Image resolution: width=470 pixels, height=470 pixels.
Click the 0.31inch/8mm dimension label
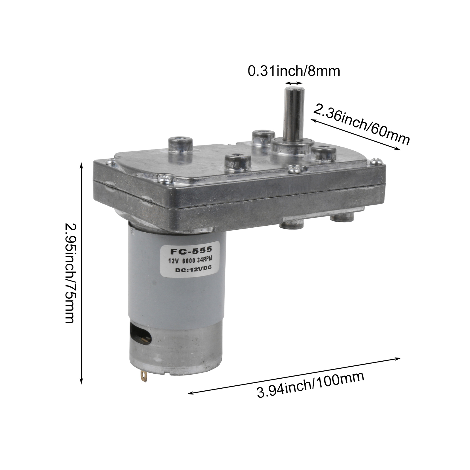click(294, 71)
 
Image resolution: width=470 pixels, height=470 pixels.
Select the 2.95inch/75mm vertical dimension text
click(70, 273)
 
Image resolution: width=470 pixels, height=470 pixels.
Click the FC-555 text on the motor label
click(191, 251)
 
